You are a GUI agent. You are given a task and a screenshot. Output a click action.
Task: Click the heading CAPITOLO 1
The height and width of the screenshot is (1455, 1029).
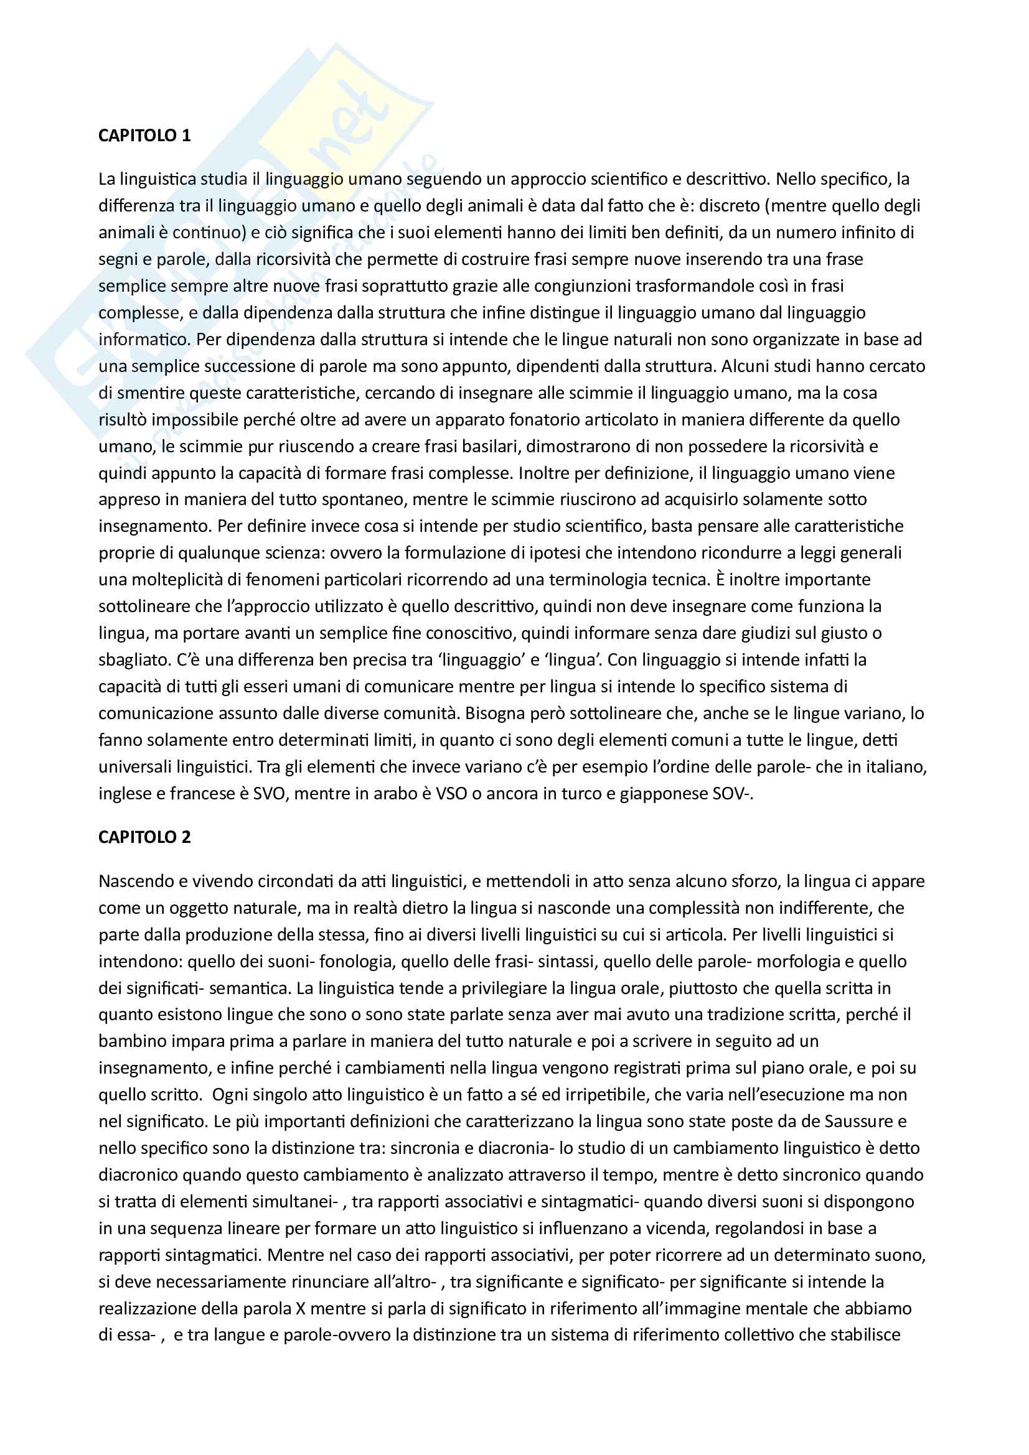point(144,136)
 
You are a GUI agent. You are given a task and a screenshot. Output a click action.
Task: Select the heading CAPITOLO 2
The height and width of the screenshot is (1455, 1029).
point(144,837)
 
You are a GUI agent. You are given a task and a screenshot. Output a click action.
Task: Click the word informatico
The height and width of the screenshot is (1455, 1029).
point(144,339)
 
